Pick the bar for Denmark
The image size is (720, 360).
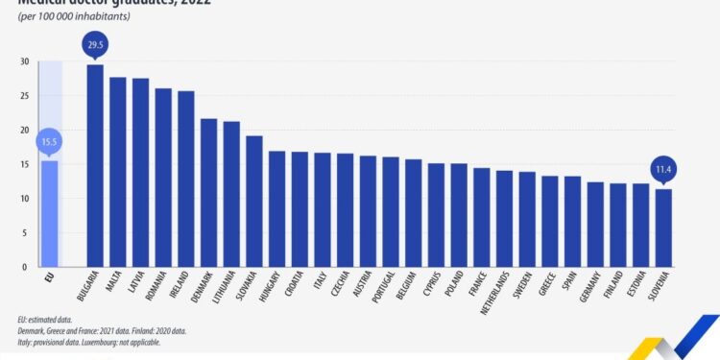(x=208, y=192)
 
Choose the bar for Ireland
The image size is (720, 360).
(x=185, y=179)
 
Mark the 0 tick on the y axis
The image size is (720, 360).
(x=25, y=267)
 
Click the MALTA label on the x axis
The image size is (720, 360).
(x=118, y=287)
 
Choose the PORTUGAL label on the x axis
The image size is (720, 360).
(x=391, y=292)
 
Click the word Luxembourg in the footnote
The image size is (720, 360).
(x=102, y=341)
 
